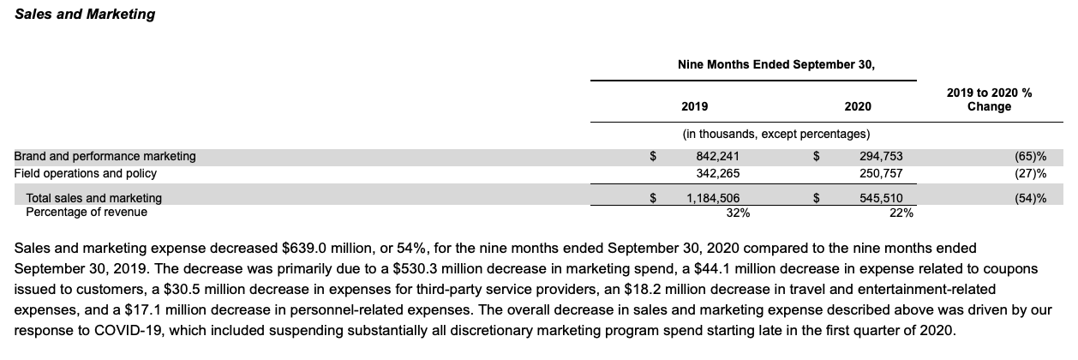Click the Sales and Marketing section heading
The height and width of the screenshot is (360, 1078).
point(85,14)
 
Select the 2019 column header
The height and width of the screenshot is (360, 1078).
point(694,106)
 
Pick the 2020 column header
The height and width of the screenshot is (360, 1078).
point(857,106)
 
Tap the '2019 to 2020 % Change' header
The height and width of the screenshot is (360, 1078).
point(988,99)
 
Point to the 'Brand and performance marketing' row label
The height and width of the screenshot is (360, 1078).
point(105,156)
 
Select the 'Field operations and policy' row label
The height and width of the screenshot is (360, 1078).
point(86,173)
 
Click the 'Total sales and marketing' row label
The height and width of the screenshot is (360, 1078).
point(93,198)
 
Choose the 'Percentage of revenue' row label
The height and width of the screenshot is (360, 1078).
point(87,212)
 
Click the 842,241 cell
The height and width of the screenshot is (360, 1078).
point(718,156)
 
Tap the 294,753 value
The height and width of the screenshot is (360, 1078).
point(881,156)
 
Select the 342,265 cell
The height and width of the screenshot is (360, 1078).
point(718,173)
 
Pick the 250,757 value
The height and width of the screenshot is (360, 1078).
point(881,173)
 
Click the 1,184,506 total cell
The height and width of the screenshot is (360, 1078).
point(713,198)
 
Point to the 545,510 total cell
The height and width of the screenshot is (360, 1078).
point(881,198)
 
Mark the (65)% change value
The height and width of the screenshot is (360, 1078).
point(1029,156)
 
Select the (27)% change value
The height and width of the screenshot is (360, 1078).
point(1029,173)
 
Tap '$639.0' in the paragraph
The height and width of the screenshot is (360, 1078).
point(302,249)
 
